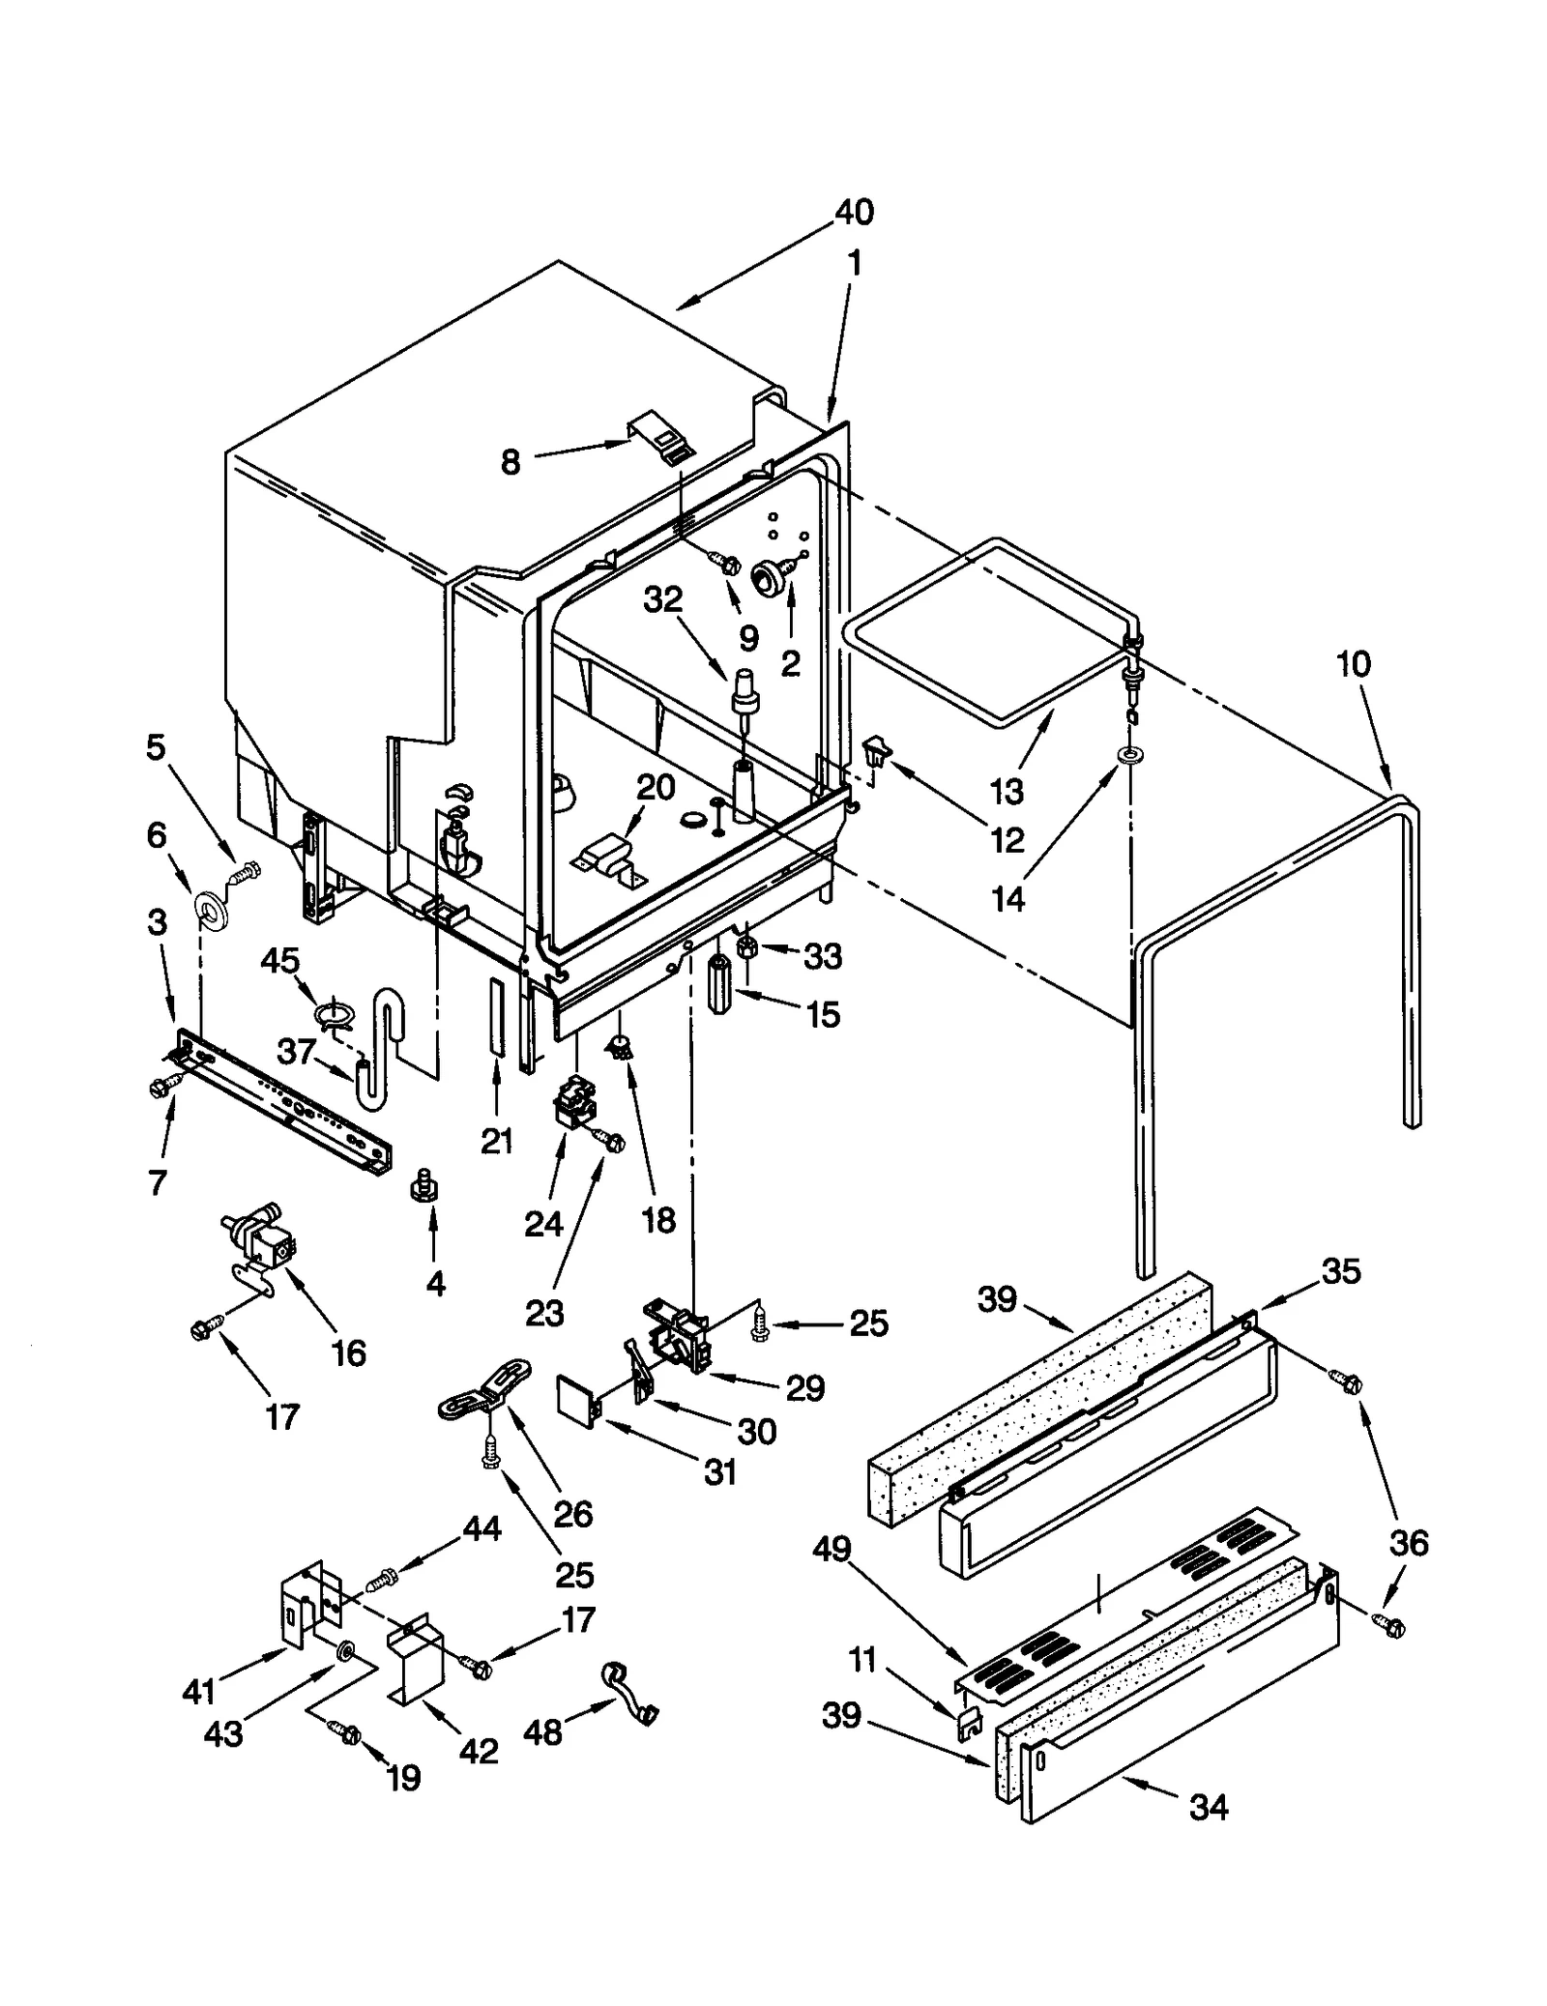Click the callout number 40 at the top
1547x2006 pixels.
(x=854, y=212)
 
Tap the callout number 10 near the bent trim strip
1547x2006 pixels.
(x=1353, y=664)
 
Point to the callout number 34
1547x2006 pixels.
(x=1208, y=1806)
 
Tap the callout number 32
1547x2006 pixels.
(x=663, y=599)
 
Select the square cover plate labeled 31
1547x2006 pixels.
(x=577, y=1400)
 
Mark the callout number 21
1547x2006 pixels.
(x=497, y=1142)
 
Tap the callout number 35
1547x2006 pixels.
(x=1340, y=1271)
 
